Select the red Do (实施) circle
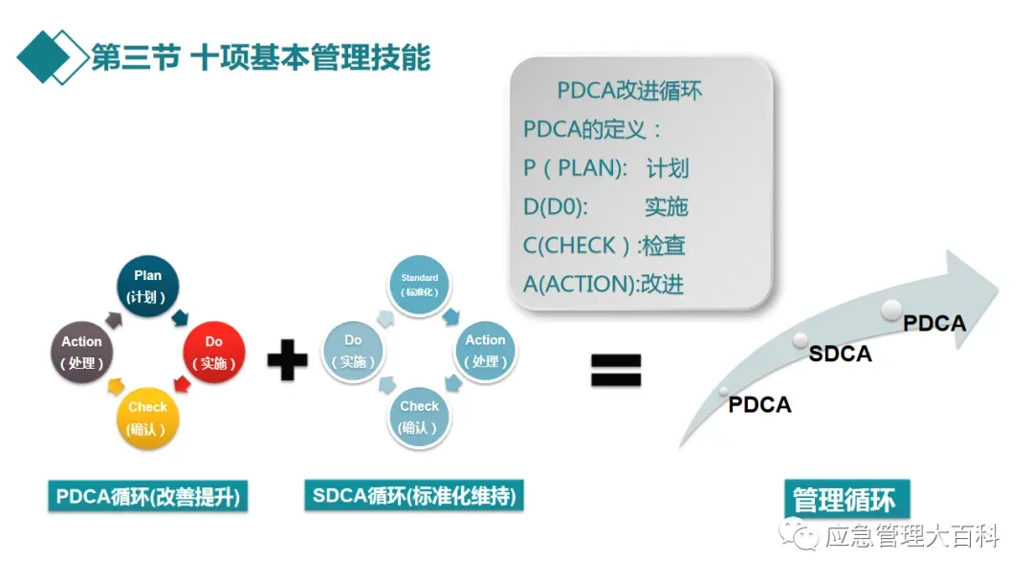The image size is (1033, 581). pyautogui.click(x=213, y=353)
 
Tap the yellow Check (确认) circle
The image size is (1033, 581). pyautogui.click(x=147, y=418)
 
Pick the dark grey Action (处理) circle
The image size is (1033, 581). pyautogui.click(x=82, y=353)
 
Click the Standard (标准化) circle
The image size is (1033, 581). pyautogui.click(x=419, y=285)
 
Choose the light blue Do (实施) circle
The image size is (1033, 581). pyautogui.click(x=353, y=352)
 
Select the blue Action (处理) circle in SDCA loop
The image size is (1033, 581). pyautogui.click(x=485, y=351)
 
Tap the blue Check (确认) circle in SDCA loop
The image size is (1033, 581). pyautogui.click(x=419, y=418)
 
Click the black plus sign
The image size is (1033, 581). pyautogui.click(x=286, y=360)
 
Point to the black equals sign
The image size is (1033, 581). pyautogui.click(x=615, y=369)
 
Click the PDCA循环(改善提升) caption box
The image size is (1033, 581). pyautogui.click(x=147, y=497)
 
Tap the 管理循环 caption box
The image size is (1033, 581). pyautogui.click(x=844, y=500)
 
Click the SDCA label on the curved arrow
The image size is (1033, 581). pyautogui.click(x=840, y=354)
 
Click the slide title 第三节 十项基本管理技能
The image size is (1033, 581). pyautogui.click(x=260, y=57)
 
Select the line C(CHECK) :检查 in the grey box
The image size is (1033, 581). pyautogui.click(x=604, y=246)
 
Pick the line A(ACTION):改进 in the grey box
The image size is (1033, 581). pyautogui.click(x=604, y=284)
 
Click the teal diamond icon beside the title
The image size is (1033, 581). pyautogui.click(x=50, y=56)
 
